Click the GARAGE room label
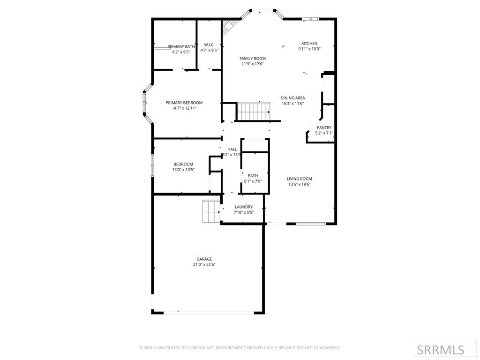[204, 259]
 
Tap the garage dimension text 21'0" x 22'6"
[204, 264]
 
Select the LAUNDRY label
[244, 207]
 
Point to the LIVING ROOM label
[300, 179]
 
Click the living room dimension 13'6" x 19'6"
[300, 184]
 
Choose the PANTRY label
[324, 127]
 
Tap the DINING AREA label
[292, 98]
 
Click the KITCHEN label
[309, 43]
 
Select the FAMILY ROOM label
[253, 58]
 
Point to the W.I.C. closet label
[209, 45]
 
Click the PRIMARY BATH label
[181, 46]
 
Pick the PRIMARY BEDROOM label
[184, 103]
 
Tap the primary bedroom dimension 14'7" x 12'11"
[184, 108]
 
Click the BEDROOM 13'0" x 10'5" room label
[183, 164]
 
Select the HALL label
[232, 149]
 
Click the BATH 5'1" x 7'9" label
[253, 176]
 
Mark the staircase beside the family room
[253, 112]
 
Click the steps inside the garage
[210, 211]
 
